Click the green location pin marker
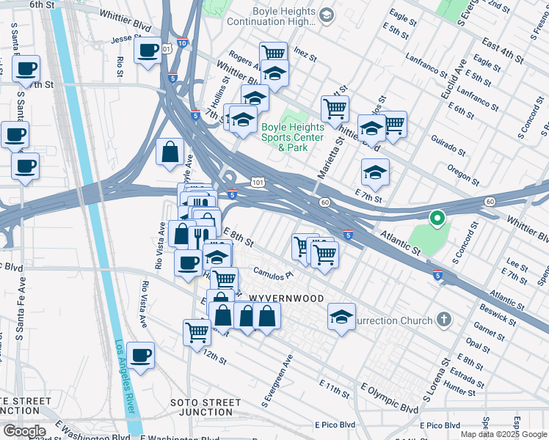coord(436,218)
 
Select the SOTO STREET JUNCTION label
coord(206,408)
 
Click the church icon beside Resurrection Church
coord(443,320)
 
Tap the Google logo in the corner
coord(23,431)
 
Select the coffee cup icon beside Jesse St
coord(148,51)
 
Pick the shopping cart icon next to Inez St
coord(273,54)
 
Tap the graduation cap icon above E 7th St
coord(375,172)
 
